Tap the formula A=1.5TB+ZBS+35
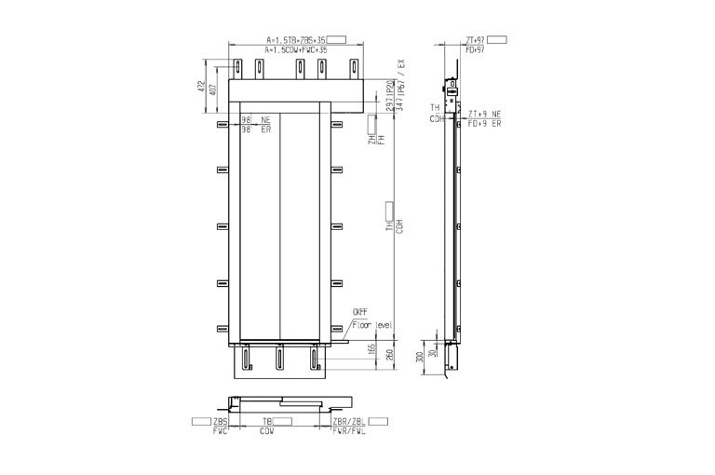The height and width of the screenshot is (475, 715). coord(295,40)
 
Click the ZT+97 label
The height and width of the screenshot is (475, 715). coord(474,40)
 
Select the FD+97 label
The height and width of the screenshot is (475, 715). coord(474,49)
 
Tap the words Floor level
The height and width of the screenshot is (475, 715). coord(373,323)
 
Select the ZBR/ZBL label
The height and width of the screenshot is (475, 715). coord(349,423)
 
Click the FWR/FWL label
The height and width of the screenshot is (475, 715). coord(350,432)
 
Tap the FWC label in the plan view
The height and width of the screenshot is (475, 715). coord(221,432)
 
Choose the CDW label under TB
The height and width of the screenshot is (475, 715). coord(267,432)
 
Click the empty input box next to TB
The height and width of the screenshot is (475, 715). coord(283,423)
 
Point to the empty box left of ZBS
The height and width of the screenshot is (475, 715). coord(200,423)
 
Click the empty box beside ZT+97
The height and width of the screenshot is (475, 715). coord(498,40)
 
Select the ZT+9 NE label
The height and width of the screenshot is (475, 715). coord(484,113)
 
